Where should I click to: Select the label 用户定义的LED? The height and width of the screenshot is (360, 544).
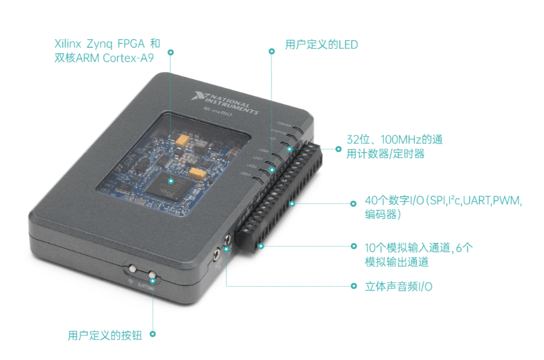tap(321, 44)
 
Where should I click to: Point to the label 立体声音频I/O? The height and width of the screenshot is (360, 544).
tap(399, 286)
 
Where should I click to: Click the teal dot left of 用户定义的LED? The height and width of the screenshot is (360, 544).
tap(272, 51)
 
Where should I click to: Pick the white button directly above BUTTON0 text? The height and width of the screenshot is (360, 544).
tap(152, 276)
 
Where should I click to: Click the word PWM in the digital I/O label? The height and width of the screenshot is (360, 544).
tap(504, 201)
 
